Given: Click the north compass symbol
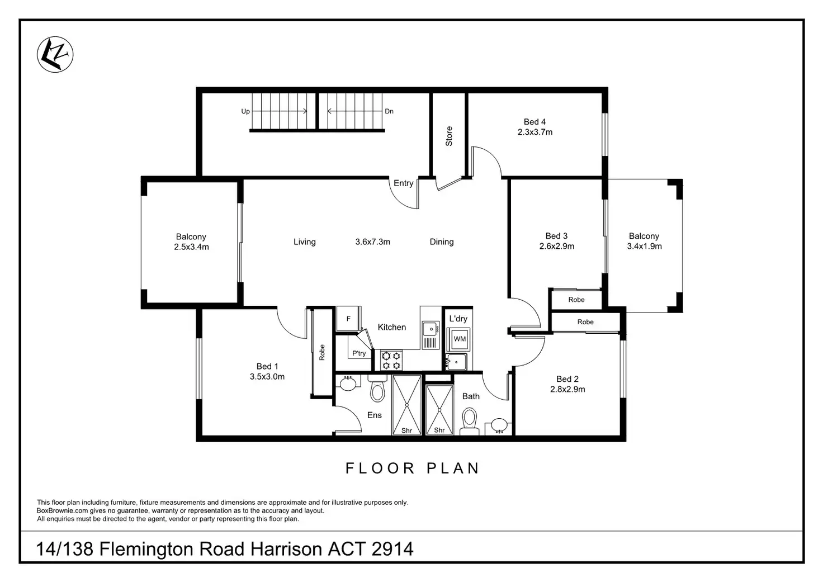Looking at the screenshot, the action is [x=55, y=54].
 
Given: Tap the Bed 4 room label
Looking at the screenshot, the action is [x=535, y=122].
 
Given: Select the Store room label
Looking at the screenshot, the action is [x=449, y=136].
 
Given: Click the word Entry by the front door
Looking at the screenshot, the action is [x=403, y=183].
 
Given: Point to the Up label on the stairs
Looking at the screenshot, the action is [x=245, y=111].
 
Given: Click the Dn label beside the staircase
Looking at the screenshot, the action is [x=389, y=111].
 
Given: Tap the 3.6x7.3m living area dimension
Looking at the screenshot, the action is [x=372, y=242].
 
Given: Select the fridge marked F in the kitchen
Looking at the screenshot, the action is [x=348, y=319].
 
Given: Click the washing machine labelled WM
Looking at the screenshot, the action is [x=460, y=339].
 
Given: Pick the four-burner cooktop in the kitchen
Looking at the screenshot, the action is [x=391, y=360].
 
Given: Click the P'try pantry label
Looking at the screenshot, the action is [x=359, y=353].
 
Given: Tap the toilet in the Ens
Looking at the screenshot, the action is [x=378, y=390].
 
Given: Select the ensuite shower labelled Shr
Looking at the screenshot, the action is [x=406, y=405].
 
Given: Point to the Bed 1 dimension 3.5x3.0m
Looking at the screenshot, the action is [x=267, y=377].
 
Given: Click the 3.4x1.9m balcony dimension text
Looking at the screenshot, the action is [x=644, y=247].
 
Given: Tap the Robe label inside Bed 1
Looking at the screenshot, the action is [x=322, y=352].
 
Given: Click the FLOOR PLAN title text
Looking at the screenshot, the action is [x=412, y=469].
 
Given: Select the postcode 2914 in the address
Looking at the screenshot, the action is [x=392, y=549].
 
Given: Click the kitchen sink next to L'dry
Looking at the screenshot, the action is [x=430, y=328].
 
